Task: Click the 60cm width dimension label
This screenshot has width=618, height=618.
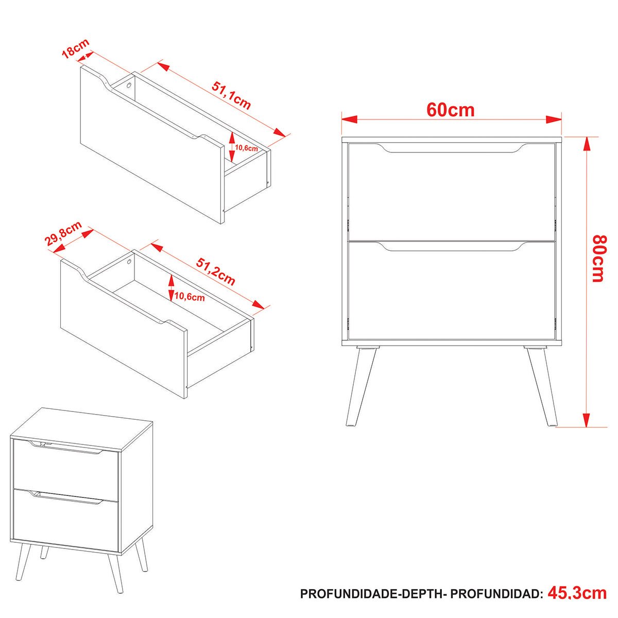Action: [450, 110]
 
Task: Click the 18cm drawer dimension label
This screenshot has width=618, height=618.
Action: [75, 48]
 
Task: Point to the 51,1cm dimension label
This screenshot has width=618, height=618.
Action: [231, 95]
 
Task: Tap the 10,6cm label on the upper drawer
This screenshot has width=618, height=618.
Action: [246, 148]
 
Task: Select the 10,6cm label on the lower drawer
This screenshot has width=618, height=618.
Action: [190, 297]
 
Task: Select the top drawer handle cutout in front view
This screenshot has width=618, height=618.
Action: [452, 148]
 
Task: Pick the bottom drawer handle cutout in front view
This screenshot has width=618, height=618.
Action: [452, 246]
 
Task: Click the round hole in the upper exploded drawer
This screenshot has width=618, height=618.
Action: [129, 85]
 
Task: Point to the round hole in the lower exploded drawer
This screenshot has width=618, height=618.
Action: [130, 262]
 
